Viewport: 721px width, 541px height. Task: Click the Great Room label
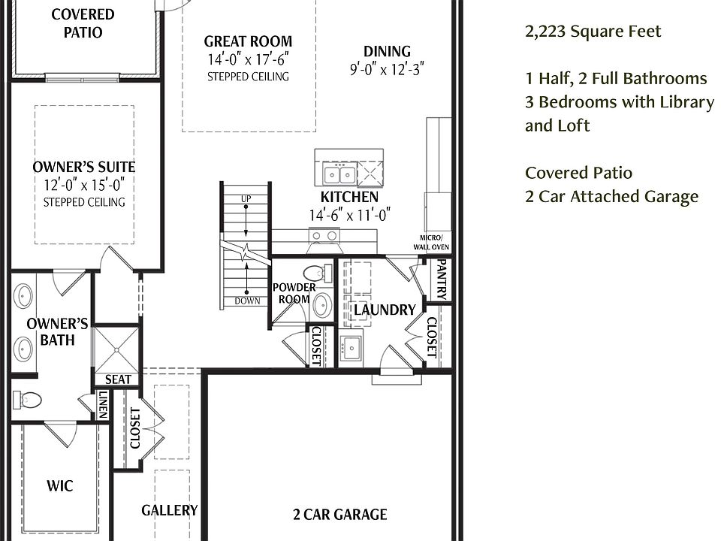point(248,41)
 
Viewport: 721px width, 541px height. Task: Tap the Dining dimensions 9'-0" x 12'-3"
point(387,69)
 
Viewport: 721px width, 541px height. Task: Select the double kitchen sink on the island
point(339,174)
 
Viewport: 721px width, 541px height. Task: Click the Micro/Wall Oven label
point(431,243)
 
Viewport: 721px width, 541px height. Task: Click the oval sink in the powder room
point(323,304)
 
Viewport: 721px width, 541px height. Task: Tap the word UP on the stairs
point(246,198)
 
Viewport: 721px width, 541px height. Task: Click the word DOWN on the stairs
point(247,301)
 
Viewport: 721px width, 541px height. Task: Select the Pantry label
point(441,280)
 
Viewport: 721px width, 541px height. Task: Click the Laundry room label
point(385,310)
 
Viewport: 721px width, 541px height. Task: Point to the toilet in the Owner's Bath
point(27,399)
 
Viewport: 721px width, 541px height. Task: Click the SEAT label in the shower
point(118,379)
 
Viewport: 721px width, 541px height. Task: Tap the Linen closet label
point(103,404)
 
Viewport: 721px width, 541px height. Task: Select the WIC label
point(60,486)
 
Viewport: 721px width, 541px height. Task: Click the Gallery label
point(170,510)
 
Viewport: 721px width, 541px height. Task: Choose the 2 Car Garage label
point(339,514)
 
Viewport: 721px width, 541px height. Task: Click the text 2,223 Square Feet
point(593,32)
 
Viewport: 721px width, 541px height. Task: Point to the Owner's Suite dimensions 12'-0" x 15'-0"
point(84,185)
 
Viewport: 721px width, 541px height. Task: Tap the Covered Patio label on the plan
point(83,23)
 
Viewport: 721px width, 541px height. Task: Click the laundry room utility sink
point(351,348)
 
